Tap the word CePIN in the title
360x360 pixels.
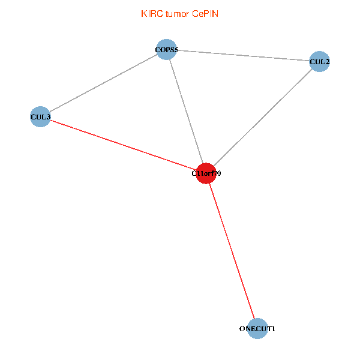205,14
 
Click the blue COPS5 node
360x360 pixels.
166,50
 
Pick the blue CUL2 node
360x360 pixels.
319,62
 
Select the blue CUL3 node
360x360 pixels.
40,116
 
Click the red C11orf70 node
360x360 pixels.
206,173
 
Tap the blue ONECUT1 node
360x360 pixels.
257,329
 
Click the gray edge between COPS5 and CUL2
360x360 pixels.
243,56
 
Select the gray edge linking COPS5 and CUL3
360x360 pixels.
103,83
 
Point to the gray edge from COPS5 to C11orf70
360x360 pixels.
186,112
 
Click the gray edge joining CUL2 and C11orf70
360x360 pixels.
263,118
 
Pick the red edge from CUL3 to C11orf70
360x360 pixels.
123,145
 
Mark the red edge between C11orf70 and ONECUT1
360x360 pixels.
232,251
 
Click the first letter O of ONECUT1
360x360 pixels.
242,329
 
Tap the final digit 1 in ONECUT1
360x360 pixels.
273,329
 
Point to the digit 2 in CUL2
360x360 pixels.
327,62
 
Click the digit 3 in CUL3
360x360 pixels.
48,117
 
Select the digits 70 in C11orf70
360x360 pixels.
217,173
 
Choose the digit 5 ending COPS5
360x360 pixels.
176,50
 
